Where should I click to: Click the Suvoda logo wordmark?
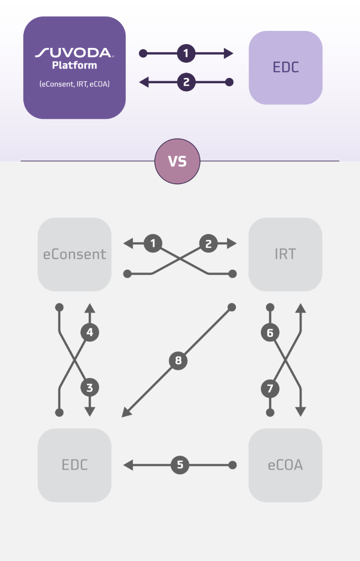(x=75, y=53)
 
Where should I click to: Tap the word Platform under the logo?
(x=75, y=65)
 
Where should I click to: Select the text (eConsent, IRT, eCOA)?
(x=75, y=84)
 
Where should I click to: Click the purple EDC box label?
(x=285, y=67)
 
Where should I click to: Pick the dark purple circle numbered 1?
(x=186, y=53)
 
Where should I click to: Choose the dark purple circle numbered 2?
(x=186, y=82)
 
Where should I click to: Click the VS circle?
(x=177, y=162)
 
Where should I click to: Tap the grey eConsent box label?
(x=75, y=254)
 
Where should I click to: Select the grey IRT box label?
(x=285, y=254)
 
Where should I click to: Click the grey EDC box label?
(x=75, y=465)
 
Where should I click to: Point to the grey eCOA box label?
(x=285, y=465)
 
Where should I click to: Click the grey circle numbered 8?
(x=178, y=360)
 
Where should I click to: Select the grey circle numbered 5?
(x=180, y=465)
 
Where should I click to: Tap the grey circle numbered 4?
(x=90, y=332)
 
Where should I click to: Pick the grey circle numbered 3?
(x=90, y=388)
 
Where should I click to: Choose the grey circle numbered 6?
(x=270, y=333)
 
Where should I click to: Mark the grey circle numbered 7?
(x=270, y=388)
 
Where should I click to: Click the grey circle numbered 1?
(x=153, y=243)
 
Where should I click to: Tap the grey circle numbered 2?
(x=208, y=244)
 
